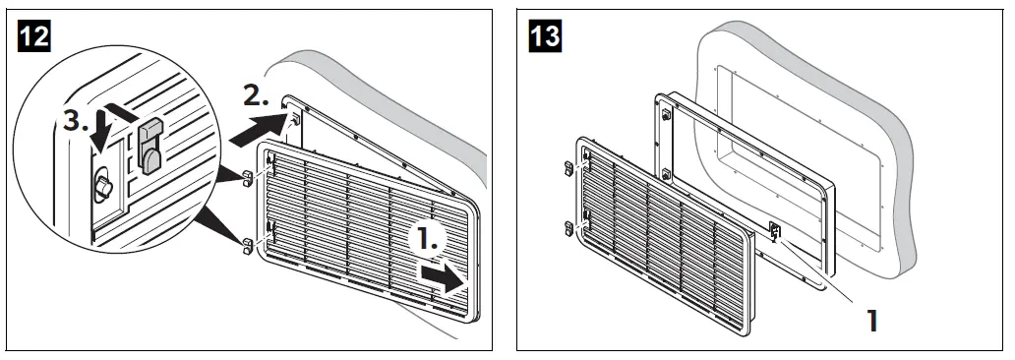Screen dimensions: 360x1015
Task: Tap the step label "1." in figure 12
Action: tap(431, 239)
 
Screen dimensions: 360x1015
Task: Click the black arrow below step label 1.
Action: tap(440, 277)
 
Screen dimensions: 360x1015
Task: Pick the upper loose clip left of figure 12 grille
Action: tap(245, 177)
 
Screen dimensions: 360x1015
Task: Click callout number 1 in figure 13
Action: tap(870, 320)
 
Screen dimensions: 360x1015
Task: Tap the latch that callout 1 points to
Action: tap(775, 232)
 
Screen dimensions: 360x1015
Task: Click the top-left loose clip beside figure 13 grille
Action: tap(568, 167)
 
